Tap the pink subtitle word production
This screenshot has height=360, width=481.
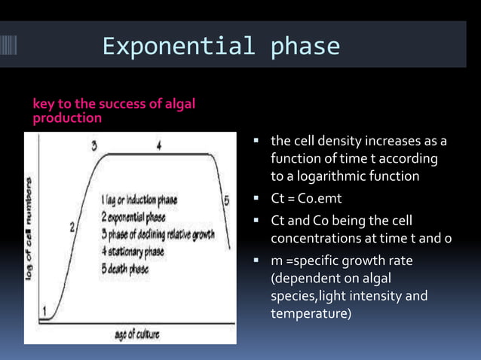[x=68, y=119]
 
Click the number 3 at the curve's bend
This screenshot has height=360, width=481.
[x=95, y=145]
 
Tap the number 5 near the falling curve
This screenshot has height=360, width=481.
[x=225, y=200]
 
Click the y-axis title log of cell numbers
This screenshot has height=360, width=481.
[x=31, y=230]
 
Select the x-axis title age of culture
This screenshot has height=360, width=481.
[x=136, y=334]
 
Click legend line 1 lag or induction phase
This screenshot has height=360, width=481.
[x=139, y=200]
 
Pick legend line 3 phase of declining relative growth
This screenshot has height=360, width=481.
[x=158, y=234]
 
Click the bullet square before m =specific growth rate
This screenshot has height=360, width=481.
[x=257, y=261]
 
